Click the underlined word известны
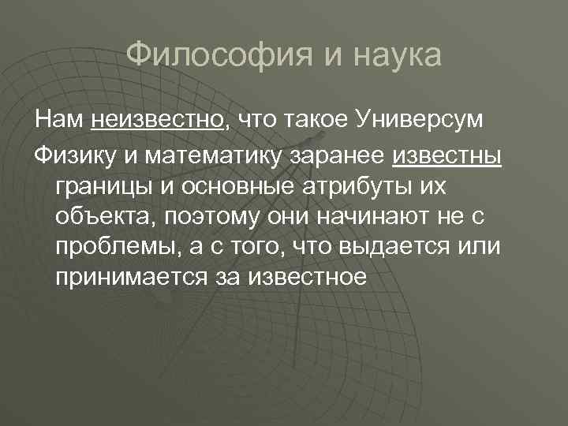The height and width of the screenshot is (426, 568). coord(447,155)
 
